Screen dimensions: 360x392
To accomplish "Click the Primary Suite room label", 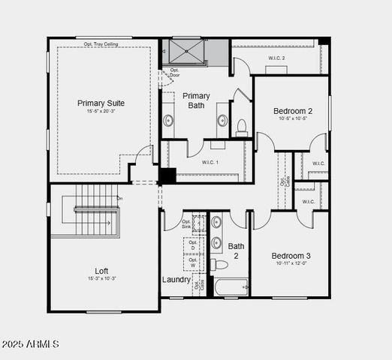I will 101,103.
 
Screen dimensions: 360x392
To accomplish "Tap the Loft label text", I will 101,271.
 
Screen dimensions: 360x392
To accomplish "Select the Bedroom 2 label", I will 293,111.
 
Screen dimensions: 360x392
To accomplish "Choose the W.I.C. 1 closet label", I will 210,162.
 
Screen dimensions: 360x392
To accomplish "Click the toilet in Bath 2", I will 219,265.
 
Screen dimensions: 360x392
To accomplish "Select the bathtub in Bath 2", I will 231,286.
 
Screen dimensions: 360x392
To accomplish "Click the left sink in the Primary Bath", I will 169,121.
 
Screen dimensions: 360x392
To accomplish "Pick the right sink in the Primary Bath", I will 222,121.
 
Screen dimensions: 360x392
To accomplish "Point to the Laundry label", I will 176,280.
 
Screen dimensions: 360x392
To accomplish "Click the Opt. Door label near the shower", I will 174,73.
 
